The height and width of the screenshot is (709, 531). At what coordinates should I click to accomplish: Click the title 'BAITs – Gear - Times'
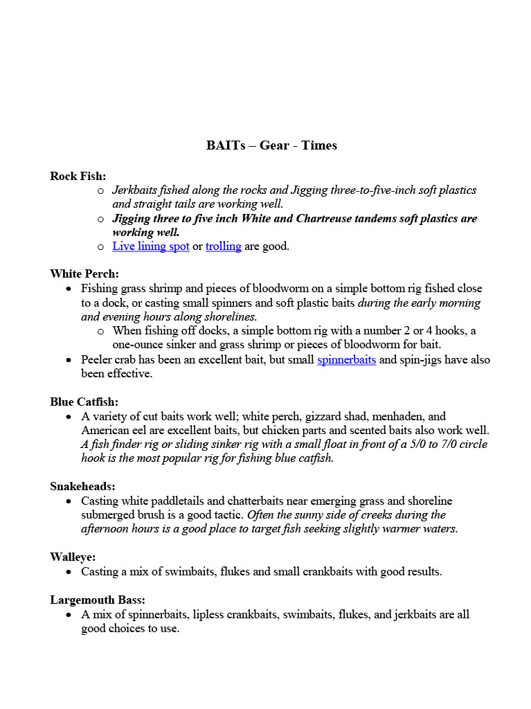pyautogui.click(x=271, y=145)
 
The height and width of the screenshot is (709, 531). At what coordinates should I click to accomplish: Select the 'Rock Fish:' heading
pyautogui.click(x=78, y=177)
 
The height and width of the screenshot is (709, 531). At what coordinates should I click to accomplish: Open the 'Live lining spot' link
pyautogui.click(x=151, y=246)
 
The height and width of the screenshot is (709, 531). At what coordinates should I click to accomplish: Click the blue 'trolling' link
pyautogui.click(x=223, y=246)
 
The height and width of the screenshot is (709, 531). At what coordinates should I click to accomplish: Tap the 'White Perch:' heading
pyautogui.click(x=84, y=274)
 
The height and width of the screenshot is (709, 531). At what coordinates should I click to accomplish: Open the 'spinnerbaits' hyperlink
pyautogui.click(x=346, y=360)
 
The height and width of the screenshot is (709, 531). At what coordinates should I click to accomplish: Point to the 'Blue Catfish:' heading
pyautogui.click(x=84, y=402)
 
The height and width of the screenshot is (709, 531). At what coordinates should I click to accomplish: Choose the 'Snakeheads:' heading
pyautogui.click(x=82, y=487)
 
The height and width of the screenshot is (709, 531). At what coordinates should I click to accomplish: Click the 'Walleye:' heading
pyautogui.click(x=73, y=557)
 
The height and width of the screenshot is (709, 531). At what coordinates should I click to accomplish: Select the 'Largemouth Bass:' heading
pyautogui.click(x=97, y=600)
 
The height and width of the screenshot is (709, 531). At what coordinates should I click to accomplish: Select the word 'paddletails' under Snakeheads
pyautogui.click(x=181, y=501)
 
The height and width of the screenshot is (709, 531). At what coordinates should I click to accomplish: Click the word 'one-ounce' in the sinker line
pyautogui.click(x=137, y=345)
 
